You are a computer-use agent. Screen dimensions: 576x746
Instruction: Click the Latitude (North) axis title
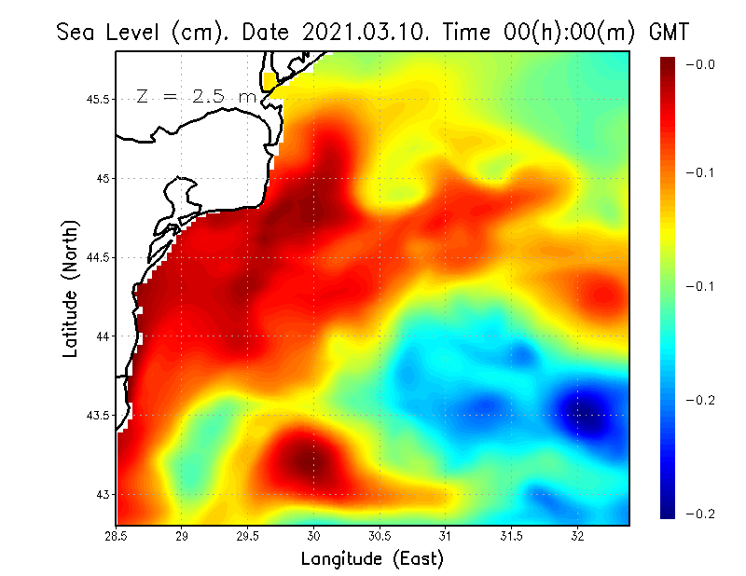[70, 289]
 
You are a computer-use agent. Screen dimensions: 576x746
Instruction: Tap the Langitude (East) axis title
[372, 559]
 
